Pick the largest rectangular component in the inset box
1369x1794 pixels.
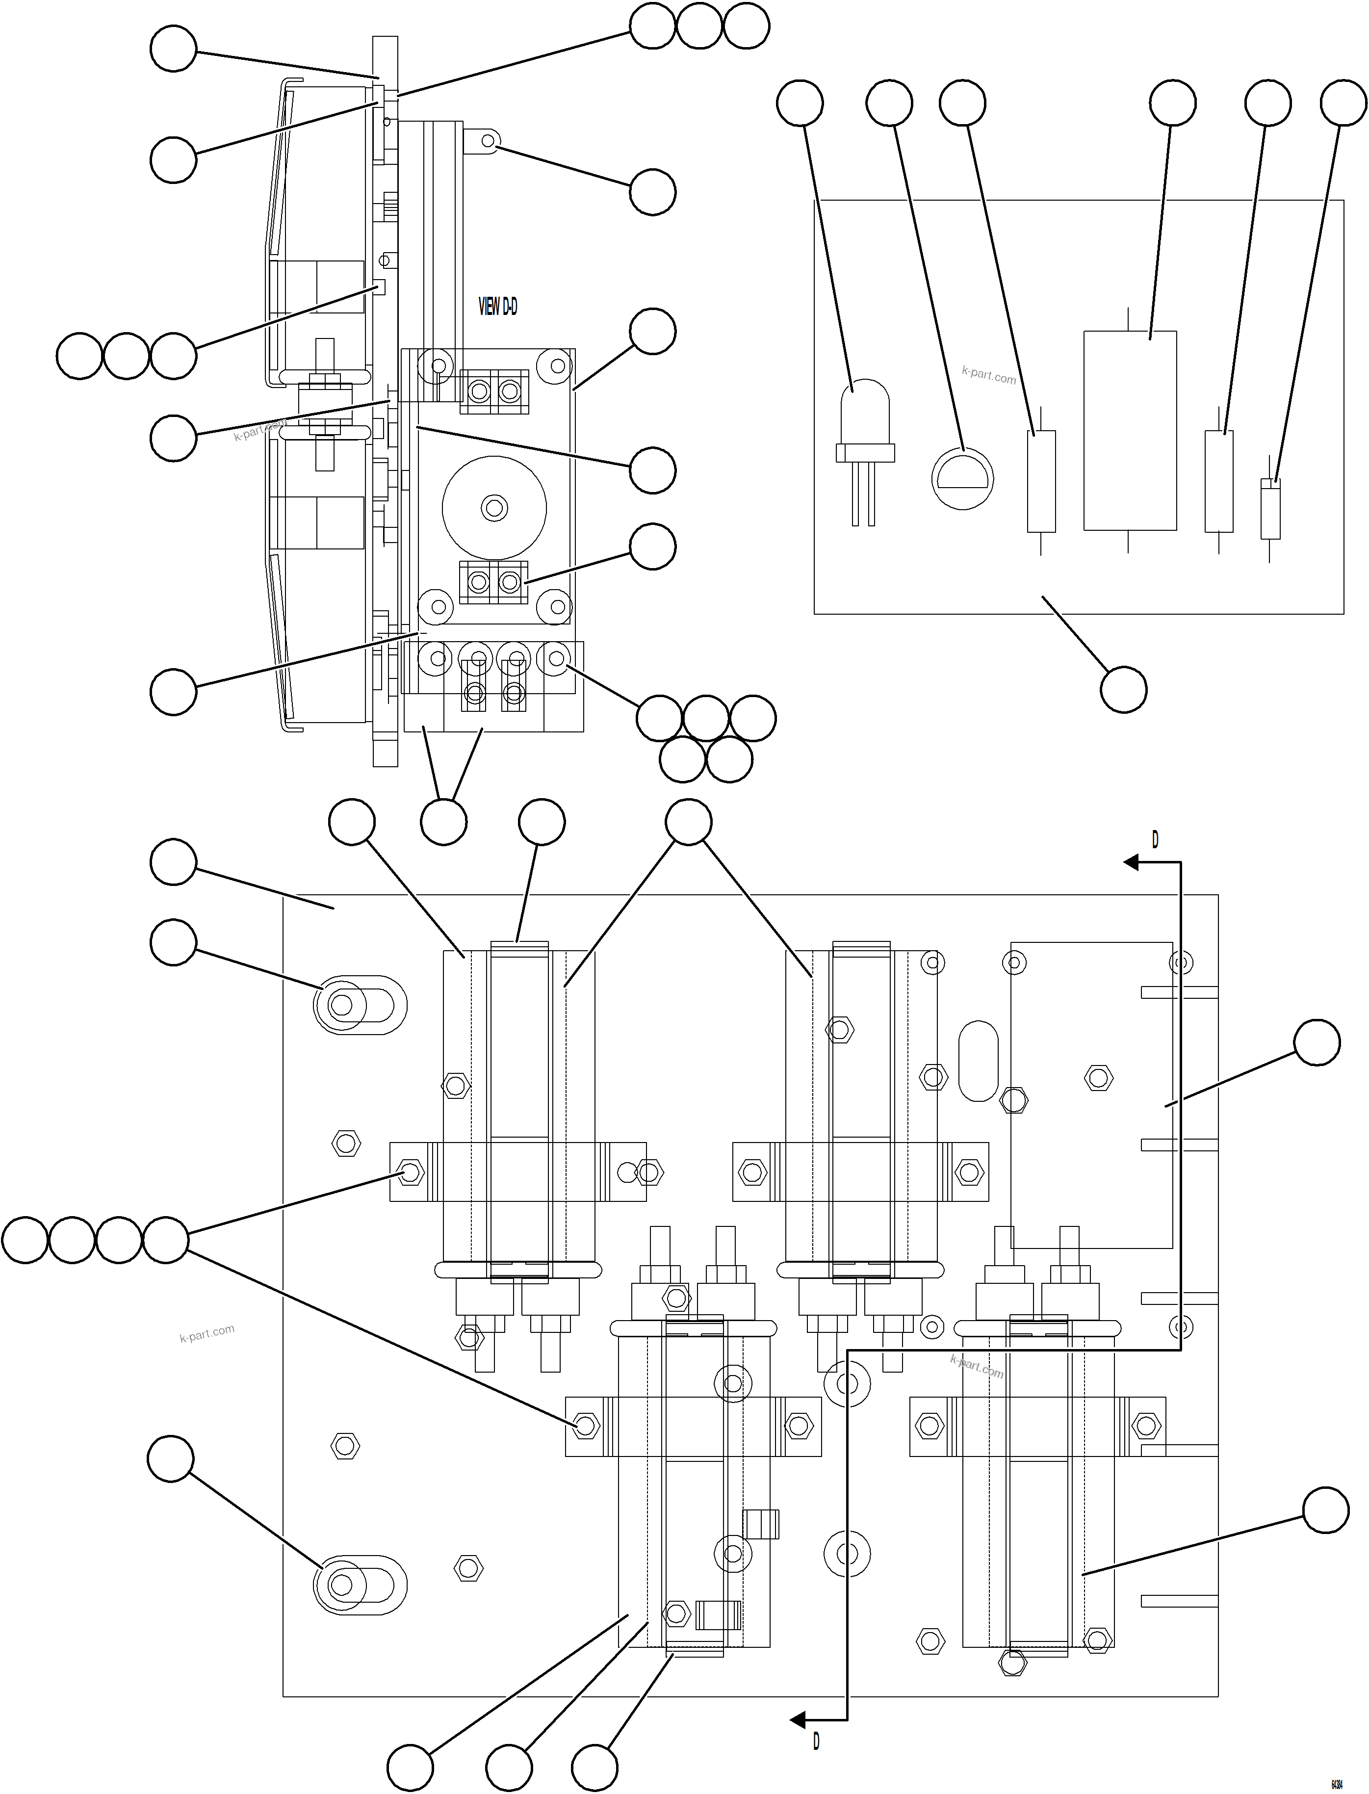1130,430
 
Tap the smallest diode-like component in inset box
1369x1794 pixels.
1269,509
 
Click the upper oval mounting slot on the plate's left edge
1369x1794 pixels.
360,1004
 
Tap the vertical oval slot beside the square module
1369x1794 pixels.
978,1061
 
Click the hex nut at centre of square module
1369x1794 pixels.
1098,1078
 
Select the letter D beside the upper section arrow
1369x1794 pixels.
1155,839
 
